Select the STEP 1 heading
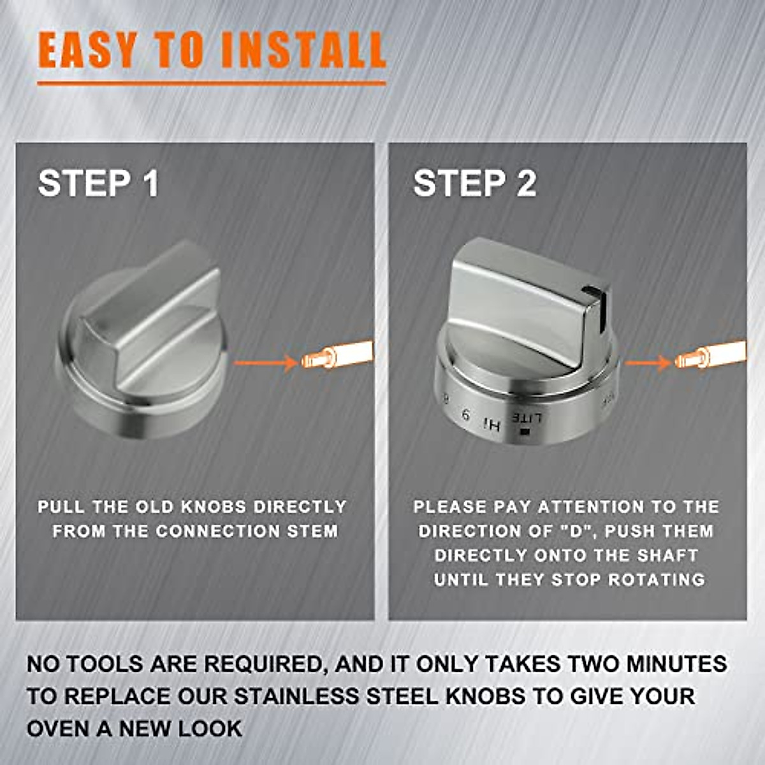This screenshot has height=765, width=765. (x=98, y=184)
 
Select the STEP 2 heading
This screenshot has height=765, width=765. (x=474, y=184)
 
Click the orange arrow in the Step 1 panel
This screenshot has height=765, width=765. (x=265, y=363)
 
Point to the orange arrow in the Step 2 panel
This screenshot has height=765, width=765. (x=647, y=363)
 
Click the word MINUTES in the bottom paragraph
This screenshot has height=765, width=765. (x=676, y=664)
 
